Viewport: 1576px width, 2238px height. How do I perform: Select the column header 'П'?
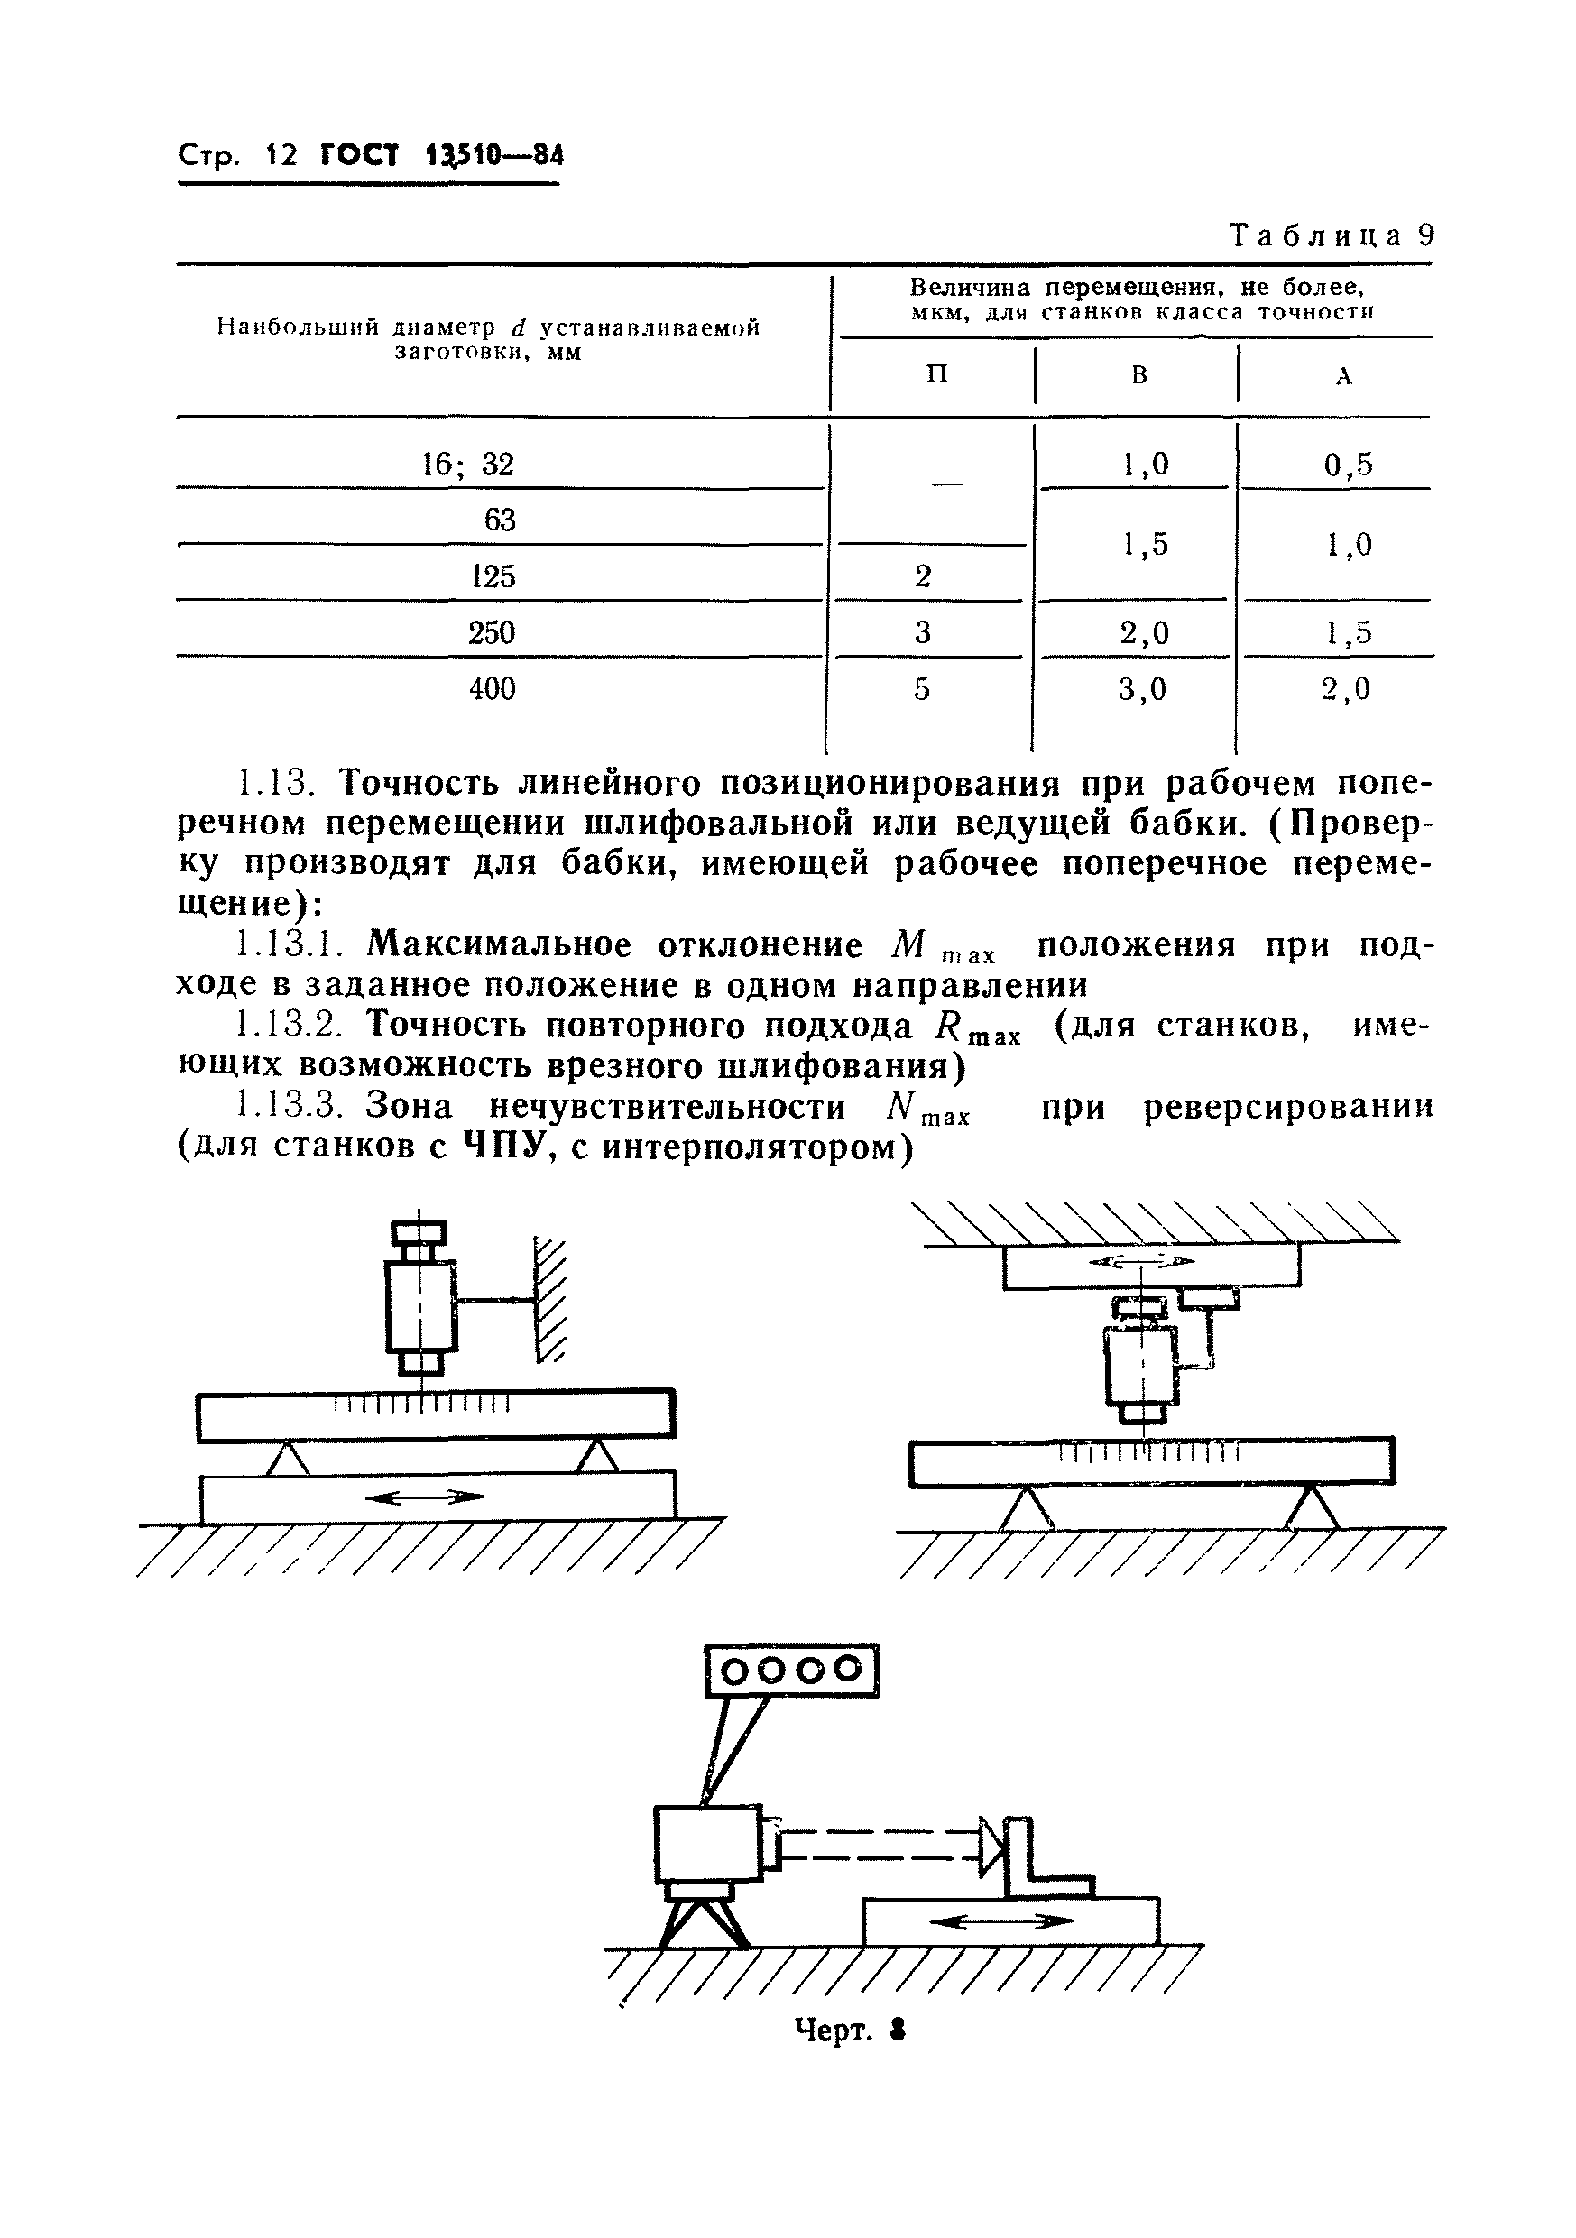pos(935,375)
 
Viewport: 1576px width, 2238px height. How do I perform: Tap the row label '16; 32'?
pos(468,465)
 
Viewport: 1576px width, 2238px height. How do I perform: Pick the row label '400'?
pos(493,690)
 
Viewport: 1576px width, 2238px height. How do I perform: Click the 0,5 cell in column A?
pos(1348,465)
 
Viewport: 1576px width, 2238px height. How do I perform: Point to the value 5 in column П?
pos(922,690)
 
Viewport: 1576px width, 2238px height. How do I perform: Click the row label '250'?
pos(492,633)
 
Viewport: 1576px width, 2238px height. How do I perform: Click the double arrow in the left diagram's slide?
pos(424,1497)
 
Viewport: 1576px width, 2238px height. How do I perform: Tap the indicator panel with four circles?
pos(792,1670)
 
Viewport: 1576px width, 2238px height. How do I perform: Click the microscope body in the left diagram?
pos(420,1305)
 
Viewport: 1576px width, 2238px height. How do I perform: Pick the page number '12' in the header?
pos(281,155)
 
